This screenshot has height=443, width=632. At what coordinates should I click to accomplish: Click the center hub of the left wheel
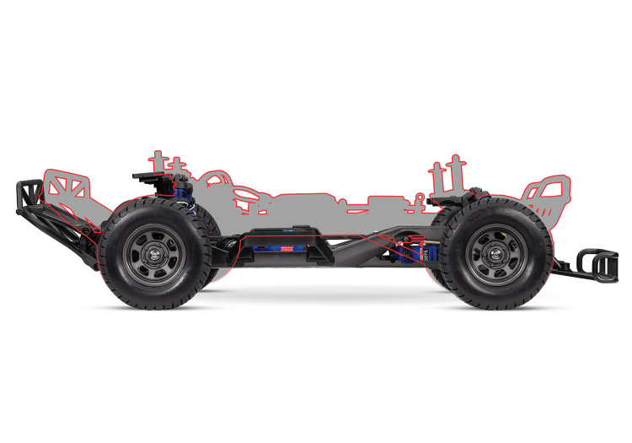[x=152, y=249]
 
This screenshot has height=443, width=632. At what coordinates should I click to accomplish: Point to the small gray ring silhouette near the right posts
[x=420, y=199]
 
